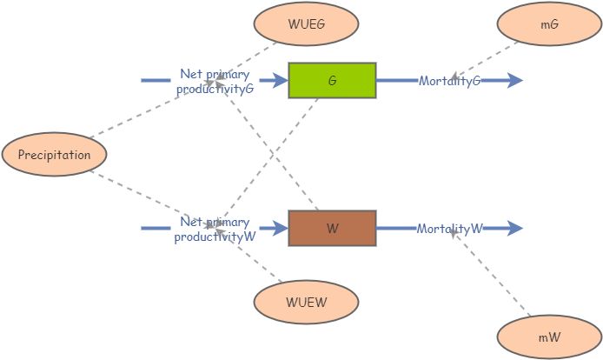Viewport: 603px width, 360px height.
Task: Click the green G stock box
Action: [332, 80]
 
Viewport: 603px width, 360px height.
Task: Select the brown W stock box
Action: [332, 229]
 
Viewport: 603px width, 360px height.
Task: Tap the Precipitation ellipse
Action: [55, 155]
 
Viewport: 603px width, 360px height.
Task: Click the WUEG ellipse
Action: [306, 24]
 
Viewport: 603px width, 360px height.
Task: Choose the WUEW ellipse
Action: [306, 303]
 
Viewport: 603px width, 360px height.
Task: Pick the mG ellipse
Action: [549, 24]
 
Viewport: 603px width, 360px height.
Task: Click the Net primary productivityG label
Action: [215, 81]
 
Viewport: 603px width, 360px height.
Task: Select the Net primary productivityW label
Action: [215, 230]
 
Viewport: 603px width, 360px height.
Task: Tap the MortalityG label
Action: [449, 81]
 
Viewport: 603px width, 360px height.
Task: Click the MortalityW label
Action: [449, 229]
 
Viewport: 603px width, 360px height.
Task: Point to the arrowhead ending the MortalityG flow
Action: [514, 80]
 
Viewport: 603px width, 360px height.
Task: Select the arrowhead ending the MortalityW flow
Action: [514, 229]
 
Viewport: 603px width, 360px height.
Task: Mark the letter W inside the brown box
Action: [332, 229]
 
